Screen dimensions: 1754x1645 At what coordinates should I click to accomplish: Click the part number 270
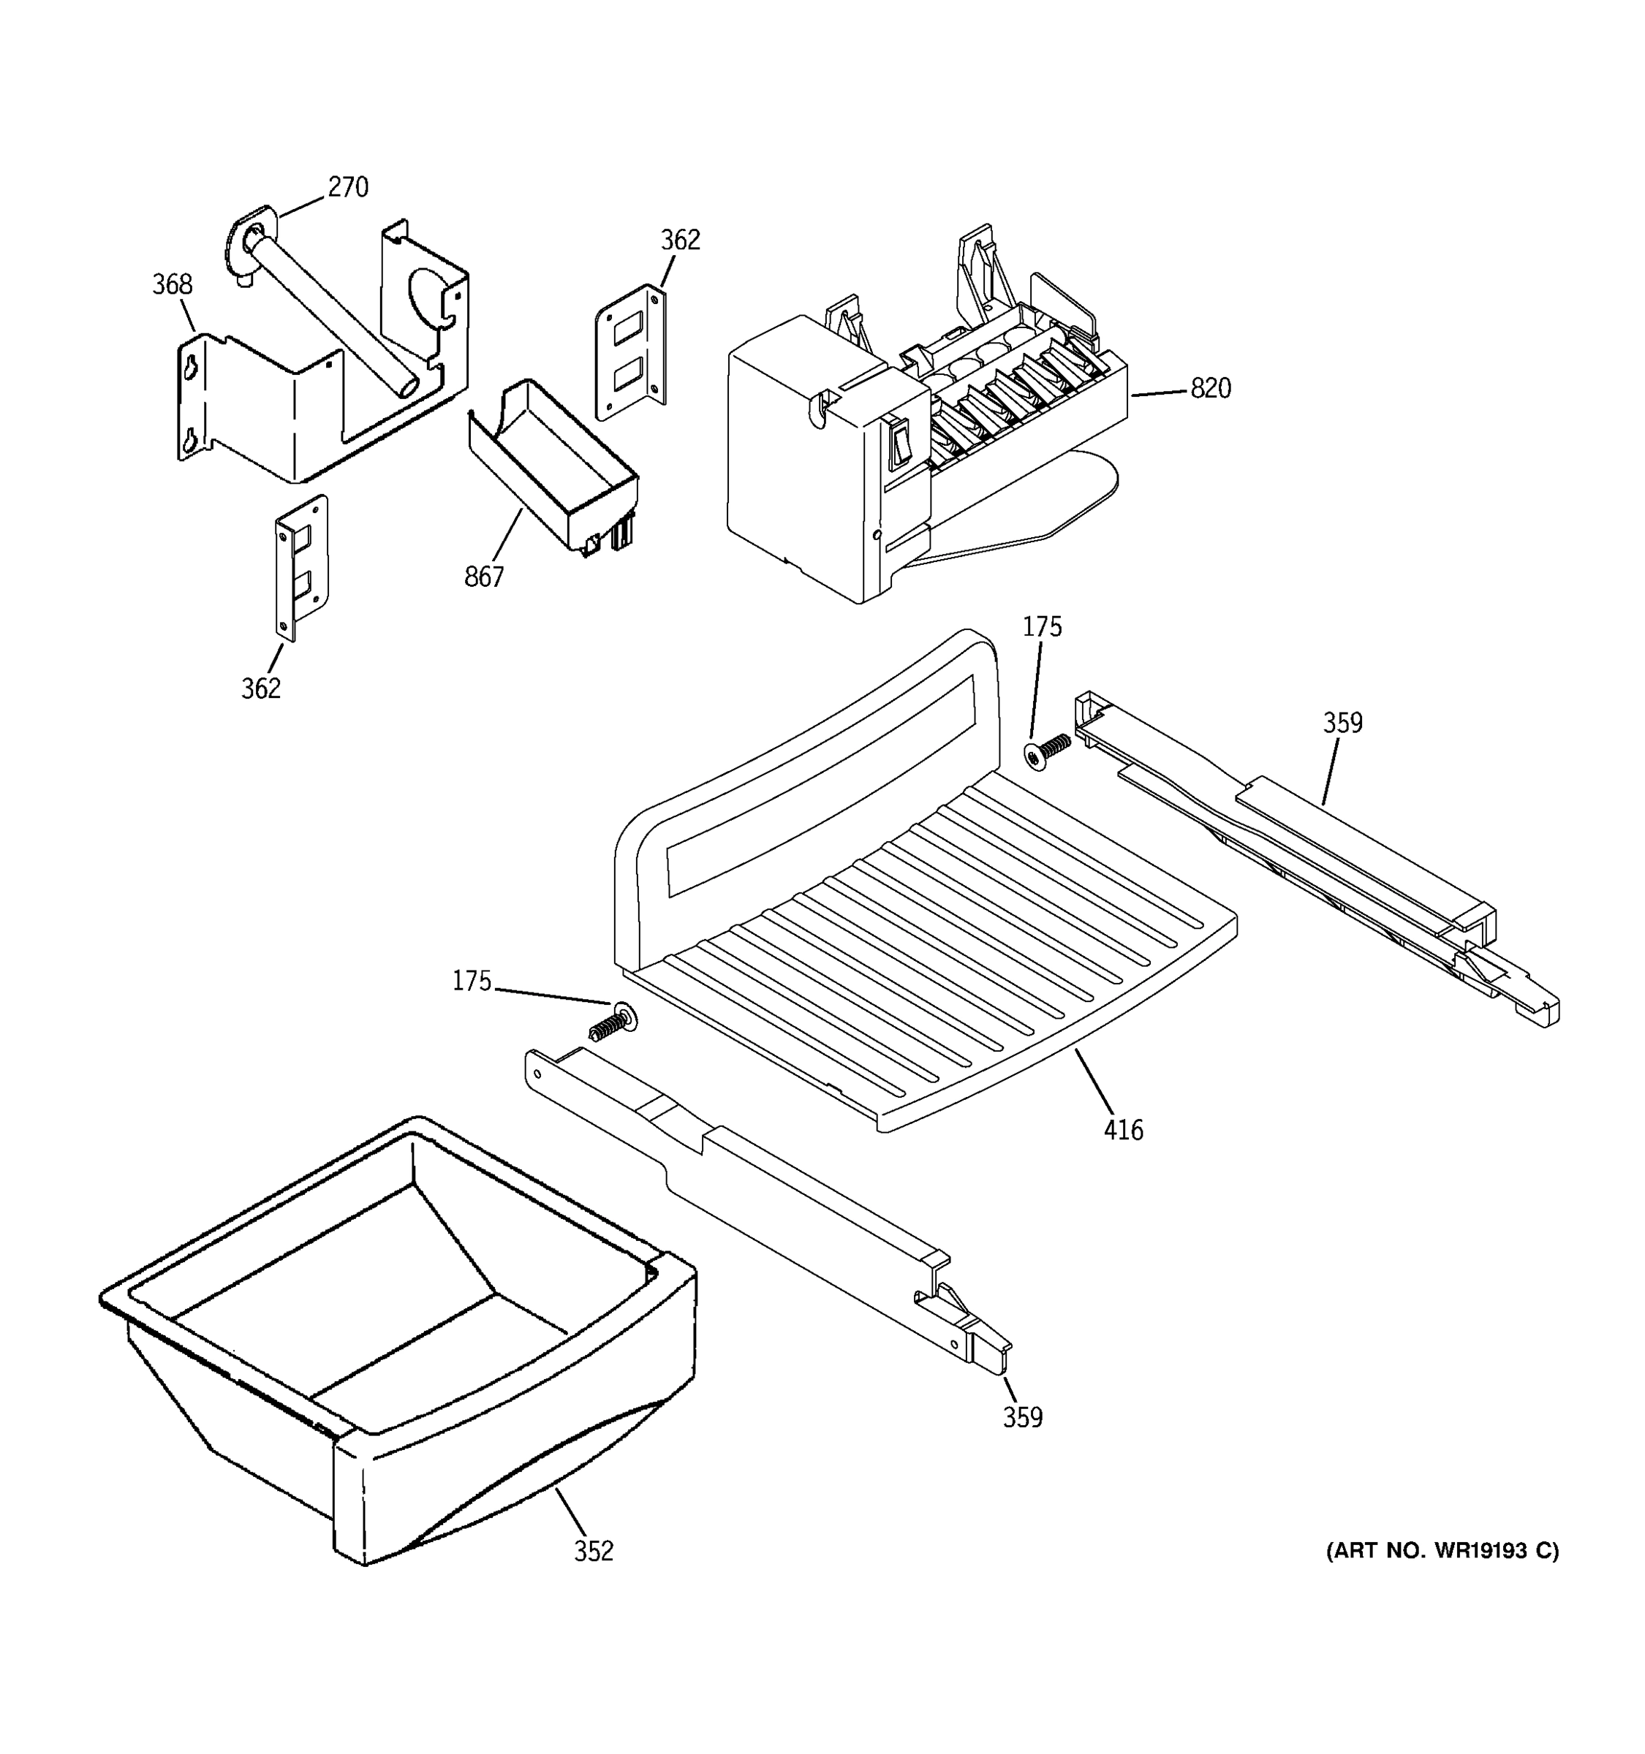click(348, 187)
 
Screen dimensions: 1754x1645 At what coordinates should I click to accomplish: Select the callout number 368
click(172, 284)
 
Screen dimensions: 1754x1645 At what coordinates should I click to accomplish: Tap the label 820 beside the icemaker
click(1210, 388)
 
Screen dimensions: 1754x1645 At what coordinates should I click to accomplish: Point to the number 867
click(483, 577)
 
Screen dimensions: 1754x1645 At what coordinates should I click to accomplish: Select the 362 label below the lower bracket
click(261, 688)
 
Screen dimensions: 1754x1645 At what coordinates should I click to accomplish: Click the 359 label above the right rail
click(1342, 724)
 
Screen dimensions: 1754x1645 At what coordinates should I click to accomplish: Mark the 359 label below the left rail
click(1022, 1418)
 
